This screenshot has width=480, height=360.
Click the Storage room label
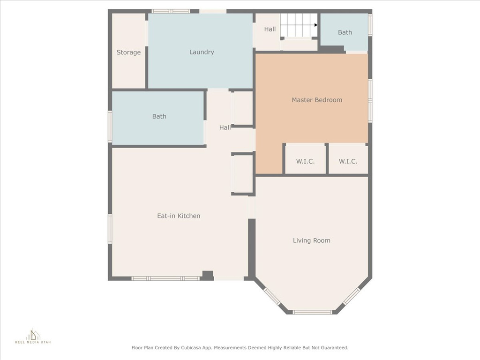(x=128, y=52)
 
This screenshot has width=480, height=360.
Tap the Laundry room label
(x=202, y=52)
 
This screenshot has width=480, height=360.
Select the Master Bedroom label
(x=317, y=100)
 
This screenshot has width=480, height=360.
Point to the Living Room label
(x=312, y=240)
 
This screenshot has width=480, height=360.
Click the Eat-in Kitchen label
(x=179, y=216)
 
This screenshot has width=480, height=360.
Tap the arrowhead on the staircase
(x=315, y=25)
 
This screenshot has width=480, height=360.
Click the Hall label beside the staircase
(x=270, y=29)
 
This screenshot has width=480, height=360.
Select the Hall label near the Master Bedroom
(x=225, y=127)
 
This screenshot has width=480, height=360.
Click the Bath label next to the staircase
(x=345, y=32)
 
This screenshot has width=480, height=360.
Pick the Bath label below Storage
(x=159, y=116)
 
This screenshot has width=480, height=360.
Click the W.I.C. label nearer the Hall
(x=305, y=161)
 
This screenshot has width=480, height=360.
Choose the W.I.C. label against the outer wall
(x=348, y=161)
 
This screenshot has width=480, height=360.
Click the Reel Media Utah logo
(x=33, y=336)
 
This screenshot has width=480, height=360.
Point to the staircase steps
(x=299, y=25)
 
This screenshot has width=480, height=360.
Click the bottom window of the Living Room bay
(x=312, y=312)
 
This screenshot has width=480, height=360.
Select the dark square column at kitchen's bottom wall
(x=208, y=275)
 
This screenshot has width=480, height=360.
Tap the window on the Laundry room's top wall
(x=171, y=11)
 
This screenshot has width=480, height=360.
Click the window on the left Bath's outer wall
(x=110, y=127)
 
